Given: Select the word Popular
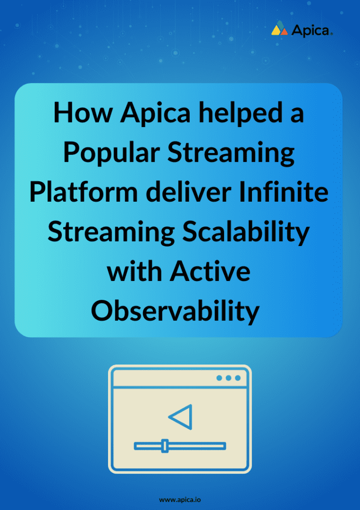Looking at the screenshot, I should point(111,153).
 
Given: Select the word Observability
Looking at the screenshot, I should point(175,312).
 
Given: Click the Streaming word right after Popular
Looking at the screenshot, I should point(231,153).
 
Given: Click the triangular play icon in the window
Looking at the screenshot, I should point(181,417).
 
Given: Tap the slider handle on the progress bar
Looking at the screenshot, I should point(165,446).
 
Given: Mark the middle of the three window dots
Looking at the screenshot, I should point(229,378).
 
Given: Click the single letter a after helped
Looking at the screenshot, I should point(297,114).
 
